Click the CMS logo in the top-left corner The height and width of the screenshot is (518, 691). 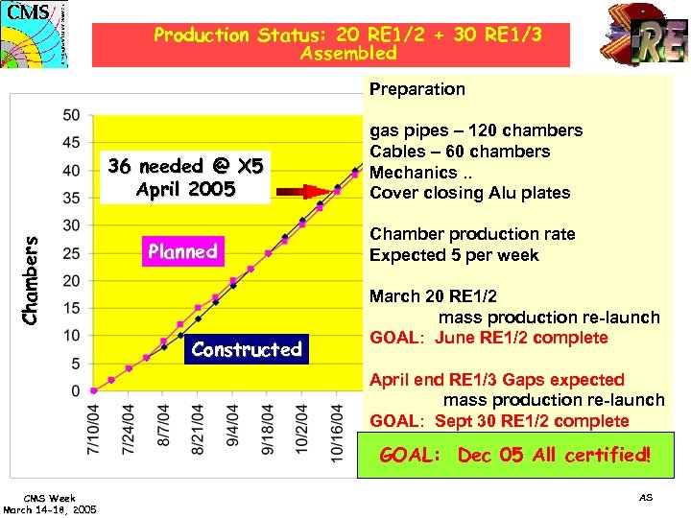[36, 33]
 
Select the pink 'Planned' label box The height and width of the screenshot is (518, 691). [182, 252]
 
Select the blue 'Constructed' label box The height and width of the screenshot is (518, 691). [246, 349]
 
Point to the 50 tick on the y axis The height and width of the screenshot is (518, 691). [72, 115]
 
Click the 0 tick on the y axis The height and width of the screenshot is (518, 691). [76, 391]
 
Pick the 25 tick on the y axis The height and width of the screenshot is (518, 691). [72, 253]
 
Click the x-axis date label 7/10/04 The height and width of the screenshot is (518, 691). [94, 430]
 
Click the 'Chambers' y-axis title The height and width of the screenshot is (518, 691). [31, 280]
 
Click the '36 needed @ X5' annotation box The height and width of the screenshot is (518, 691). [185, 177]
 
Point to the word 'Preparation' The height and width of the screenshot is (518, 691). [417, 89]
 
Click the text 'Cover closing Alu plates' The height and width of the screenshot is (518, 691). [470, 193]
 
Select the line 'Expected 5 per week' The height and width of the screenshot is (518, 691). [454, 255]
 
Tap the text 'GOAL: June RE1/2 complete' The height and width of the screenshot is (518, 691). [488, 338]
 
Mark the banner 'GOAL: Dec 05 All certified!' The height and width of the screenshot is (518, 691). [514, 455]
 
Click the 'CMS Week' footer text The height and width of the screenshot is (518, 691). [49, 499]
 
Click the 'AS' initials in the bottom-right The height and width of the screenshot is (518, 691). [645, 497]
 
